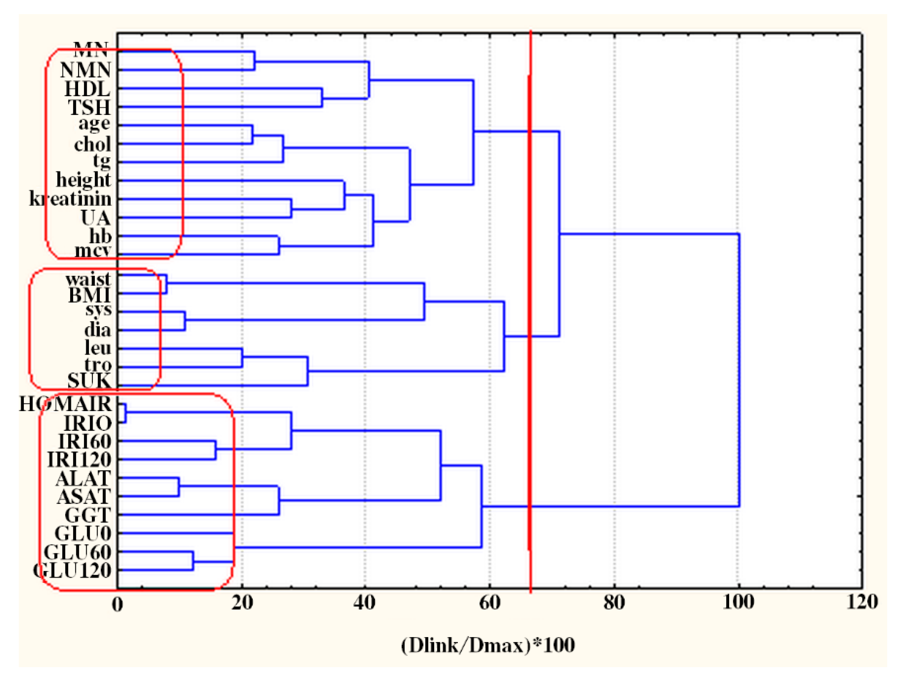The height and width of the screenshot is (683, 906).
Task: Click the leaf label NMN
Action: coord(85,70)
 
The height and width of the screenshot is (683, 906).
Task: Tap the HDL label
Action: coord(87,89)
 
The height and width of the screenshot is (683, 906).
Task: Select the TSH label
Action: coord(89,107)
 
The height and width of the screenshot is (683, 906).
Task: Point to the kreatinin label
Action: coord(70,199)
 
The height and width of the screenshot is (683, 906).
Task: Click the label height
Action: coord(83,180)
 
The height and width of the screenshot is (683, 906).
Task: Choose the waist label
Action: coord(88,279)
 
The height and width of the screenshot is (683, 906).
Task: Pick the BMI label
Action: coord(89,295)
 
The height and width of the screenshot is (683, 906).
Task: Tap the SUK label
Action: coord(89,381)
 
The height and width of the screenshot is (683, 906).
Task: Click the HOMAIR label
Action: coord(65,404)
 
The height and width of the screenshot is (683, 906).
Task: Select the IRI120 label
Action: coord(79,460)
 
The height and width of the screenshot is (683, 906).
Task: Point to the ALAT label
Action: coord(83,478)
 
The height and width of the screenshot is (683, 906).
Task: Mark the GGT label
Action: coord(88,515)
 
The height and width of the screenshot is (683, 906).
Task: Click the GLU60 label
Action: coord(77,552)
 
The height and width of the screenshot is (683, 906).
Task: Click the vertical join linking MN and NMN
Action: coord(254,61)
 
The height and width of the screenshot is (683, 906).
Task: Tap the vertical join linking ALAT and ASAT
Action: coord(179,487)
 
